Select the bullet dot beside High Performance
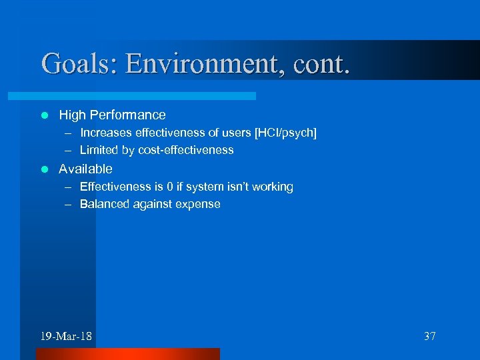coord(45,115)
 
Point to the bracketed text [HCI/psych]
coord(285,133)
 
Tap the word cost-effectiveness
coord(185,150)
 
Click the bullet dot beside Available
coord(45,169)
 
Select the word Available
coord(85,169)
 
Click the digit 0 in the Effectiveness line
coord(168,187)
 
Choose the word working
coord(273,187)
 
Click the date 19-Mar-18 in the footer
coord(66,336)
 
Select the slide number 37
coord(430,336)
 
